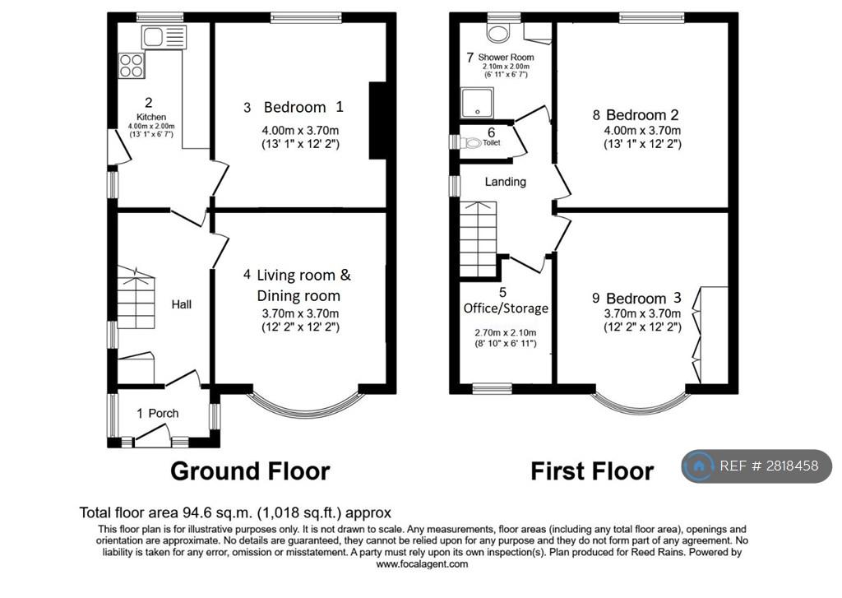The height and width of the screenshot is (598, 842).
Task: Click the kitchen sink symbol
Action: pos(164,37)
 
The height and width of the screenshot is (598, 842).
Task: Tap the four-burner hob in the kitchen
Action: pos(132,65)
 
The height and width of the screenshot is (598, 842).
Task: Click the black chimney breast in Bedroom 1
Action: pos(377,120)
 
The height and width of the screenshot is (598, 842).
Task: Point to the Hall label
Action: pos(182,304)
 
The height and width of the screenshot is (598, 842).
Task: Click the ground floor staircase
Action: pos(136,298)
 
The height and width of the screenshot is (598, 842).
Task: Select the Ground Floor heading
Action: pos(250,471)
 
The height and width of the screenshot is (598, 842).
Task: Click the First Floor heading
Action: pos(592,471)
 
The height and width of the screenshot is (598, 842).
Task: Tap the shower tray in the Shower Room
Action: pos(477,103)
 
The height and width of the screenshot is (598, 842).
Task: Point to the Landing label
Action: pos(506,182)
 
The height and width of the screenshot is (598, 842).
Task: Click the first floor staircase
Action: pos(478,239)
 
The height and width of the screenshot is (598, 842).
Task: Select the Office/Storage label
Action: pos(506,308)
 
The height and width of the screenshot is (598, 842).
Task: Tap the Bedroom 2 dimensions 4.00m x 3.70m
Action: pos(642,131)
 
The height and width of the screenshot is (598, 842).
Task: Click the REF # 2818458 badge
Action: pos(757,466)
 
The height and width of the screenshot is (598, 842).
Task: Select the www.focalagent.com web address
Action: pos(422,564)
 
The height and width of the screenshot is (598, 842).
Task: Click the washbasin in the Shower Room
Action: pos(497,32)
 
